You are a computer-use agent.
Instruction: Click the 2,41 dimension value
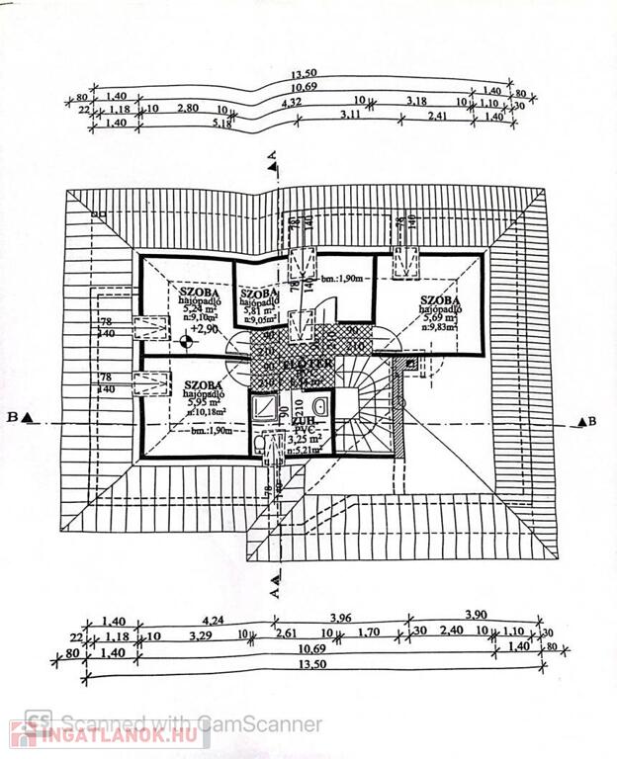[x=438, y=117]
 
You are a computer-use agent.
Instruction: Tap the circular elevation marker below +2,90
[x=188, y=344]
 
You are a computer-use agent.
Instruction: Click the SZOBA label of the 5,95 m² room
[x=201, y=384]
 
